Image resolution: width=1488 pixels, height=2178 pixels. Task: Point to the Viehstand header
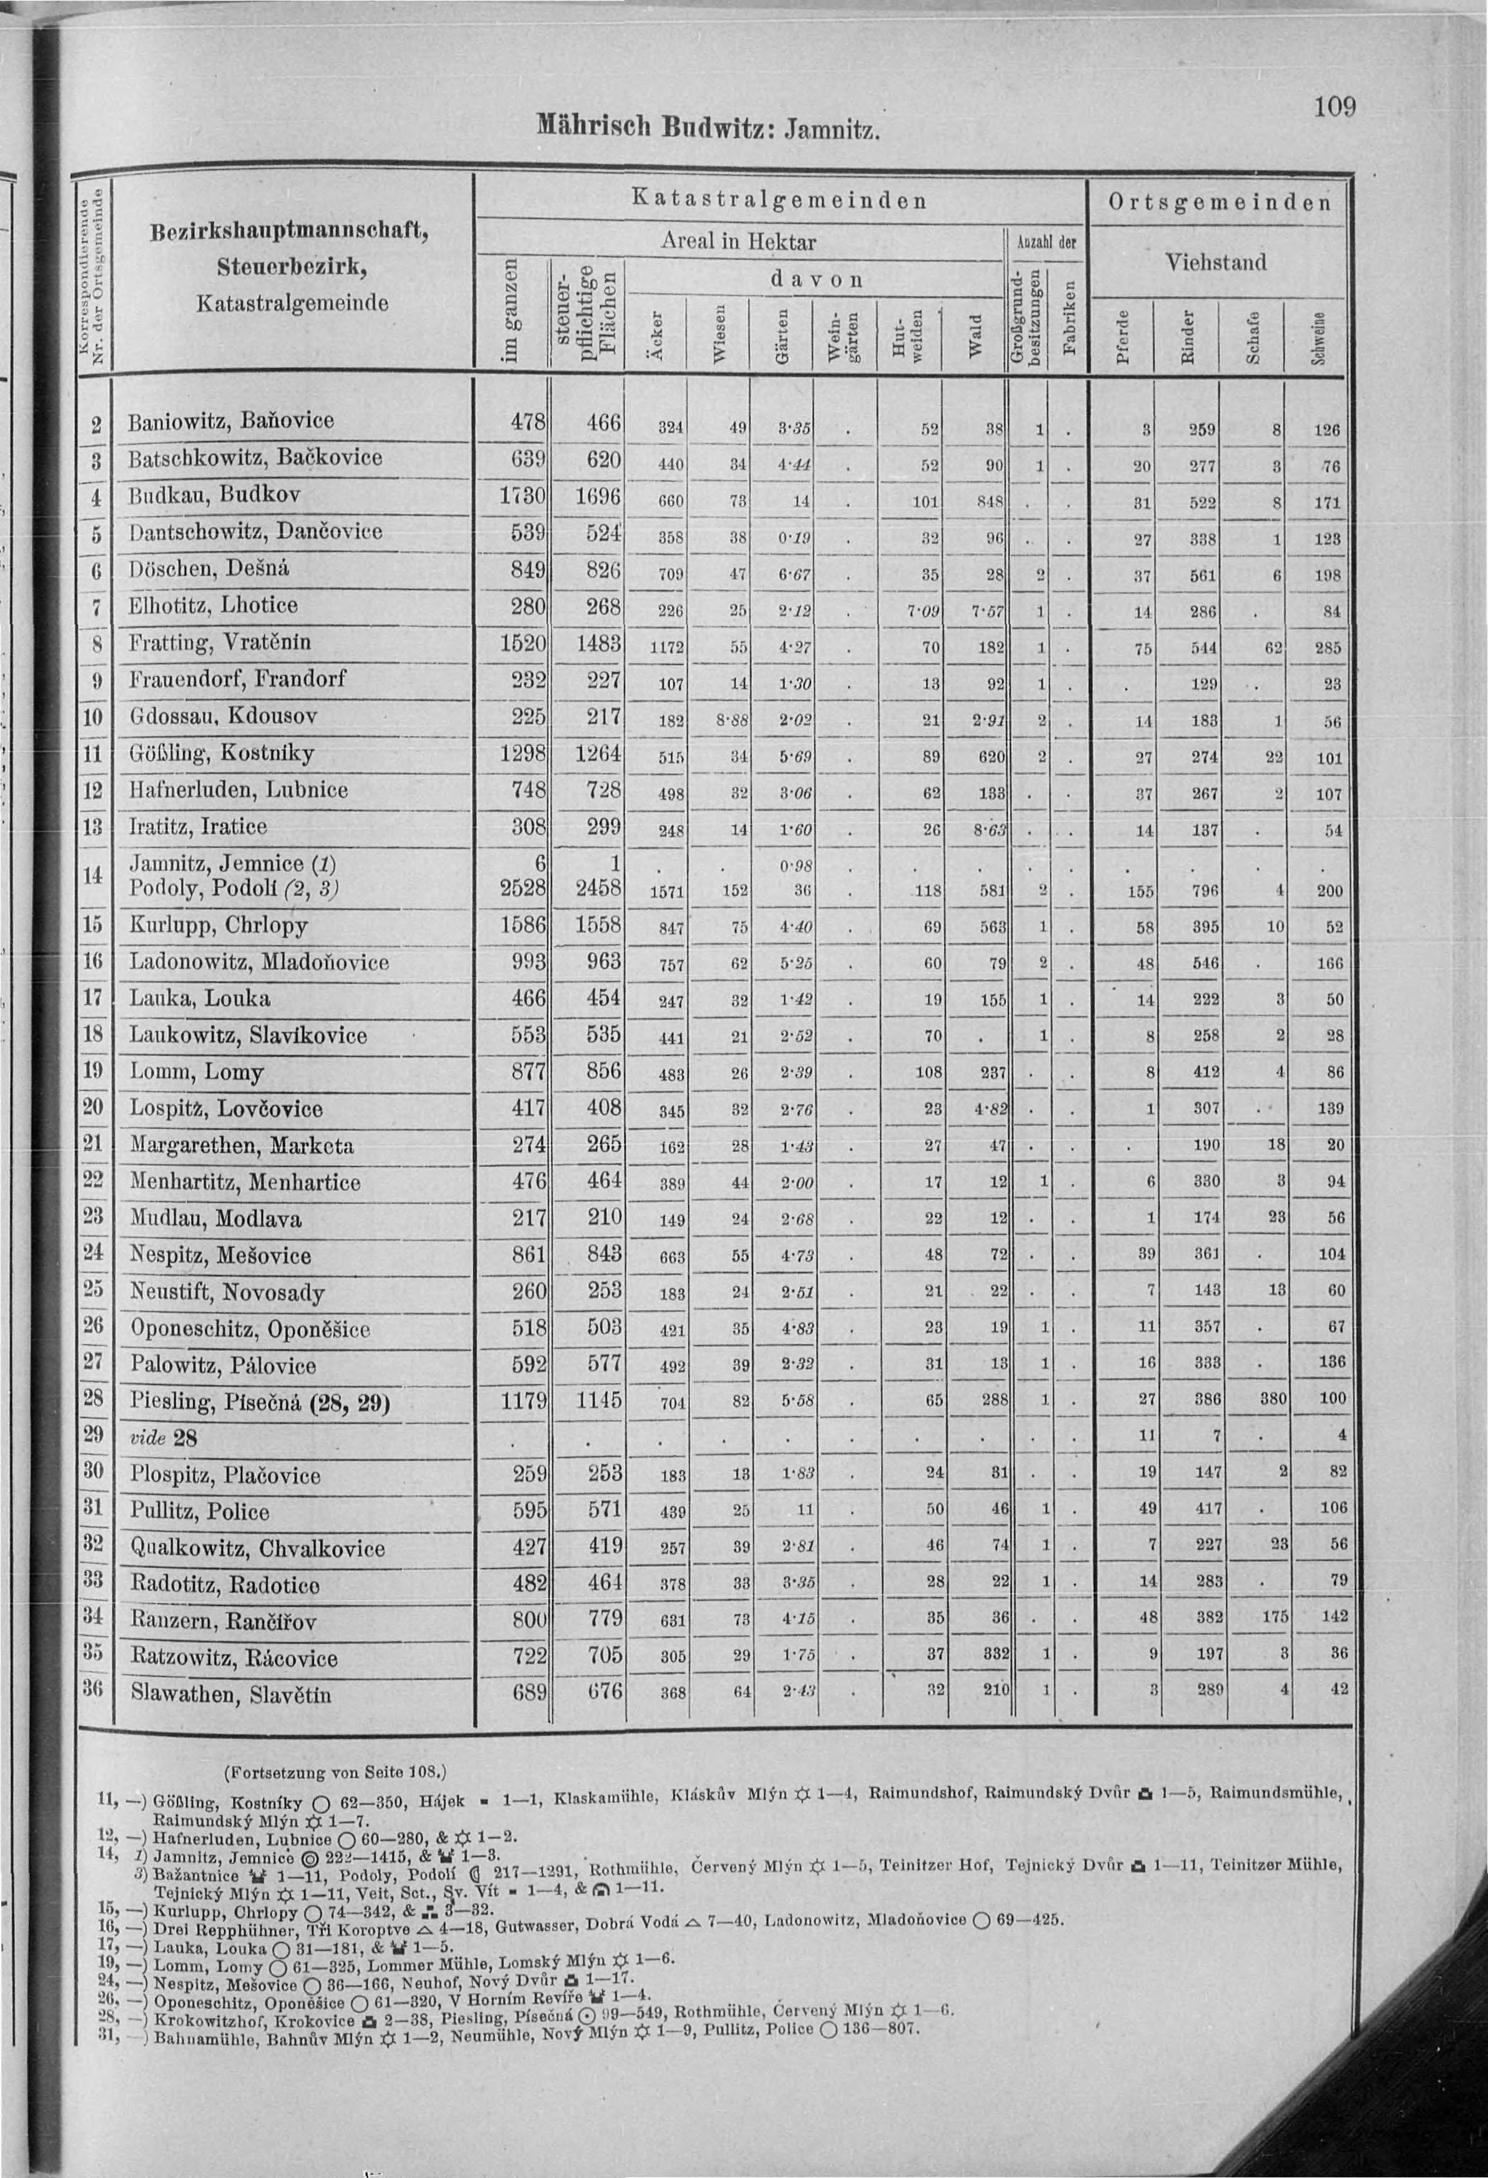point(1217,262)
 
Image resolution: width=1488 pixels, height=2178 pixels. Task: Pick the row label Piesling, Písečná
point(259,1403)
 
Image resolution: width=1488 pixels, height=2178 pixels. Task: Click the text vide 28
point(163,1437)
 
